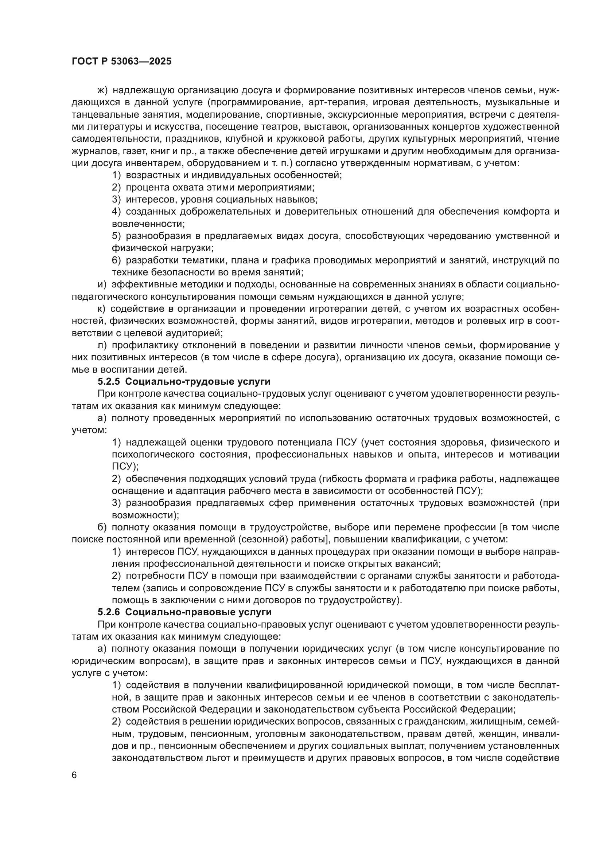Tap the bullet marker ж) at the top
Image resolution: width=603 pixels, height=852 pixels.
(102, 90)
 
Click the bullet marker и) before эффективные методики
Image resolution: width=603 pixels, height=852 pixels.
(101, 284)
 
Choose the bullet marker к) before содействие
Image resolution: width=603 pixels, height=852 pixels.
(101, 309)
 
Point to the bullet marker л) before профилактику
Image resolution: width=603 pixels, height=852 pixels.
(102, 345)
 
